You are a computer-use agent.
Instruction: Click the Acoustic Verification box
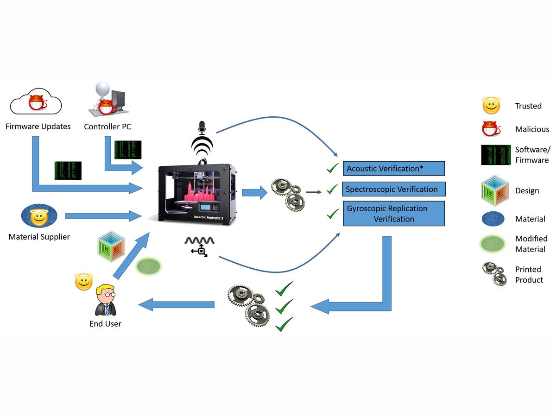[394, 168]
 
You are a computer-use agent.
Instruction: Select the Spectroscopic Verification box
[394, 189]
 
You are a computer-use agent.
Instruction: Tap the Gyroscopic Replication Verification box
[394, 214]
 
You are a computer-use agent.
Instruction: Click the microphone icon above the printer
[202, 127]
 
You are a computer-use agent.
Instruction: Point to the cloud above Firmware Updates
[36, 102]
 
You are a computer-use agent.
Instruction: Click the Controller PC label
[107, 126]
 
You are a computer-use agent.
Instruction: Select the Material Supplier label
[39, 237]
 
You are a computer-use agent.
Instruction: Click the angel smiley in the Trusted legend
[491, 106]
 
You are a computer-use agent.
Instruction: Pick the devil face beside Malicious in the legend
[492, 129]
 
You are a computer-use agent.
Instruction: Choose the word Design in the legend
[527, 190]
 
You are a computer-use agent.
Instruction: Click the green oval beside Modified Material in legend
[493, 244]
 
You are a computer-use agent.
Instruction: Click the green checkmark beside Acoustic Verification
[332, 168]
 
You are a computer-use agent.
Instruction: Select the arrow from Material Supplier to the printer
[103, 216]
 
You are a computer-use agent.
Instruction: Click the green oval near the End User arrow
[148, 266]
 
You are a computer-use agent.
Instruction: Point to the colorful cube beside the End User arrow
[112, 246]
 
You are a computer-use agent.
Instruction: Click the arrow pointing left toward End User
[177, 304]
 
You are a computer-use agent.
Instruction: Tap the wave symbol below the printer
[200, 240]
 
